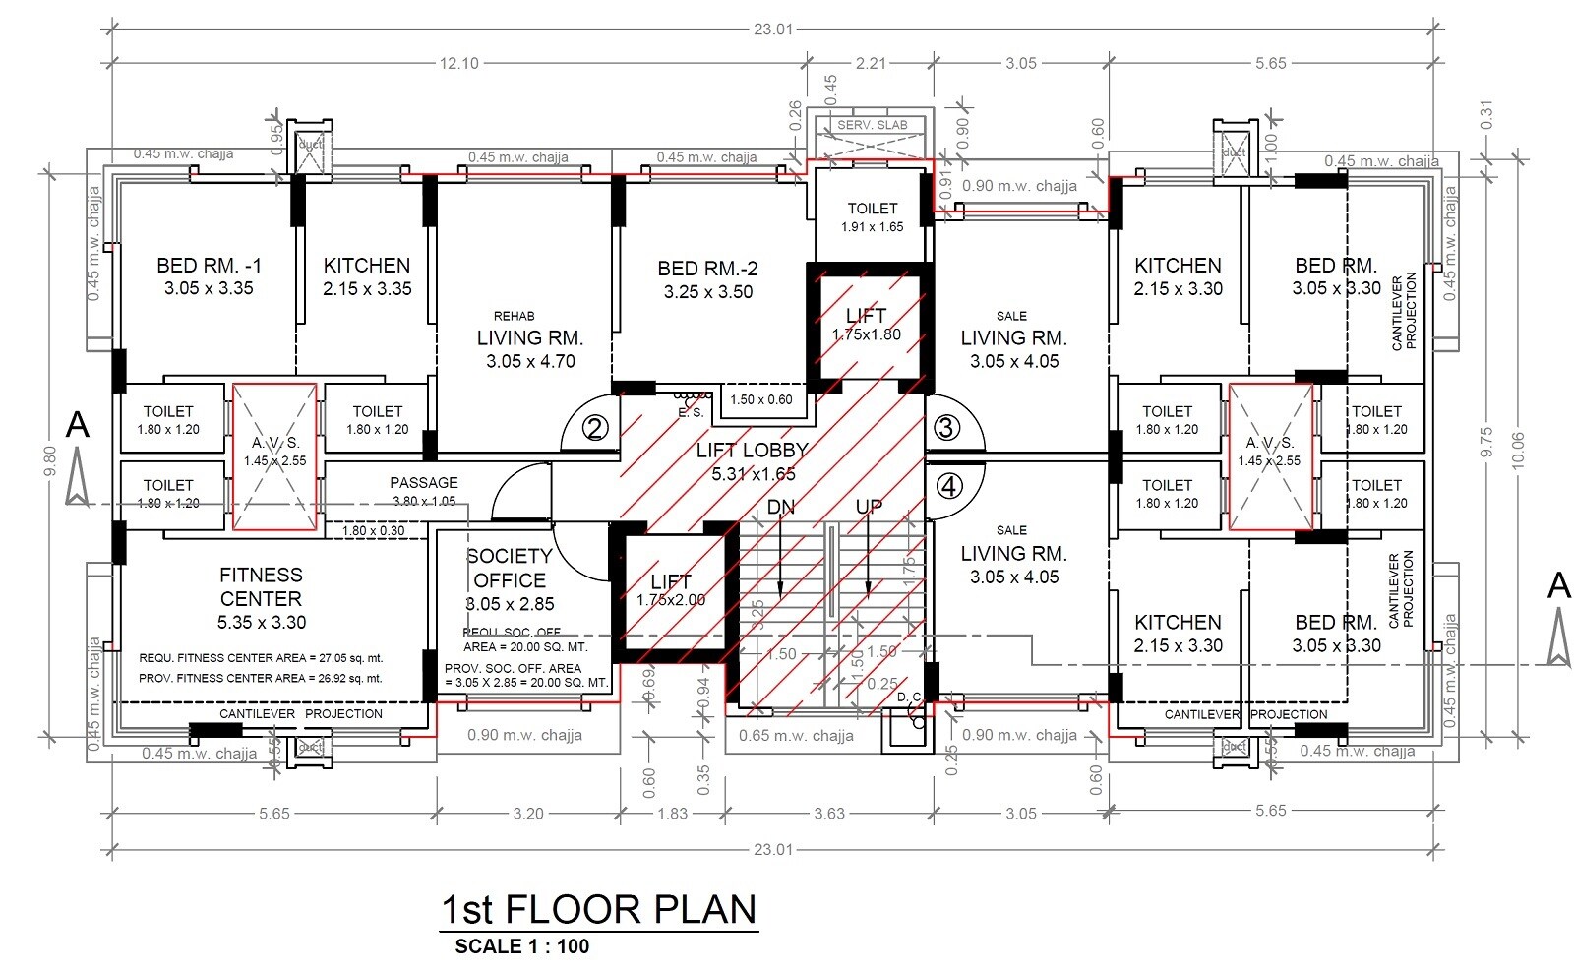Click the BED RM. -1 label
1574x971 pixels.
coord(209,266)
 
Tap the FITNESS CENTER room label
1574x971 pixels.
coord(261,587)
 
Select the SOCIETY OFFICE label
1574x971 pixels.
coord(509,569)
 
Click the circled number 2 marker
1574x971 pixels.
coord(594,429)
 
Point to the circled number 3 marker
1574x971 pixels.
coord(946,428)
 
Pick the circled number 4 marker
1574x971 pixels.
coord(947,486)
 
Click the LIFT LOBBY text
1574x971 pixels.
coord(752,451)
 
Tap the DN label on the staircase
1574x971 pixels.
coord(780,508)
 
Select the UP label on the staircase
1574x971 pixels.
coord(869,508)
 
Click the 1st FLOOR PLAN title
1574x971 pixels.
coord(598,909)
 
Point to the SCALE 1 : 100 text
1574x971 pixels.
coord(521,946)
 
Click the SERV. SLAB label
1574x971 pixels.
coord(873,125)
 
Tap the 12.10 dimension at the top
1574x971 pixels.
coord(458,63)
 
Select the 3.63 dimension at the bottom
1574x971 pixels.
coord(829,814)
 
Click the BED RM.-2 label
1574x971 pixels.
coord(707,269)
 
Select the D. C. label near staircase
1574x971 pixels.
coord(909,698)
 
